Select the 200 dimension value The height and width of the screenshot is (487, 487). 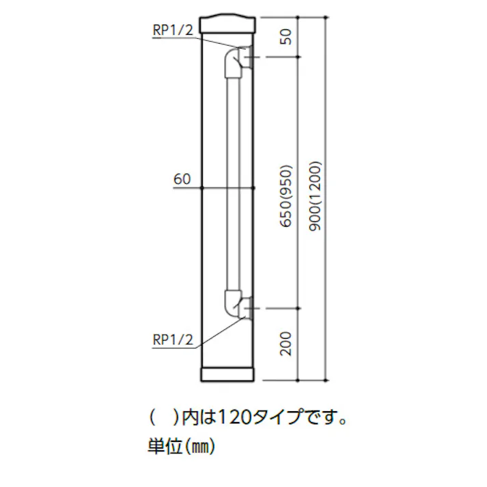click(287, 343)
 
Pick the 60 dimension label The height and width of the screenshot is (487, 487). click(182, 180)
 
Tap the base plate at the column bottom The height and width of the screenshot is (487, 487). click(228, 375)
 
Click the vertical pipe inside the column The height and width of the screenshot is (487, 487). click(232, 184)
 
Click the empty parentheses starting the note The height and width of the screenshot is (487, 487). click(165, 416)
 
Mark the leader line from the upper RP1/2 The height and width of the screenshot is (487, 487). click(217, 41)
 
